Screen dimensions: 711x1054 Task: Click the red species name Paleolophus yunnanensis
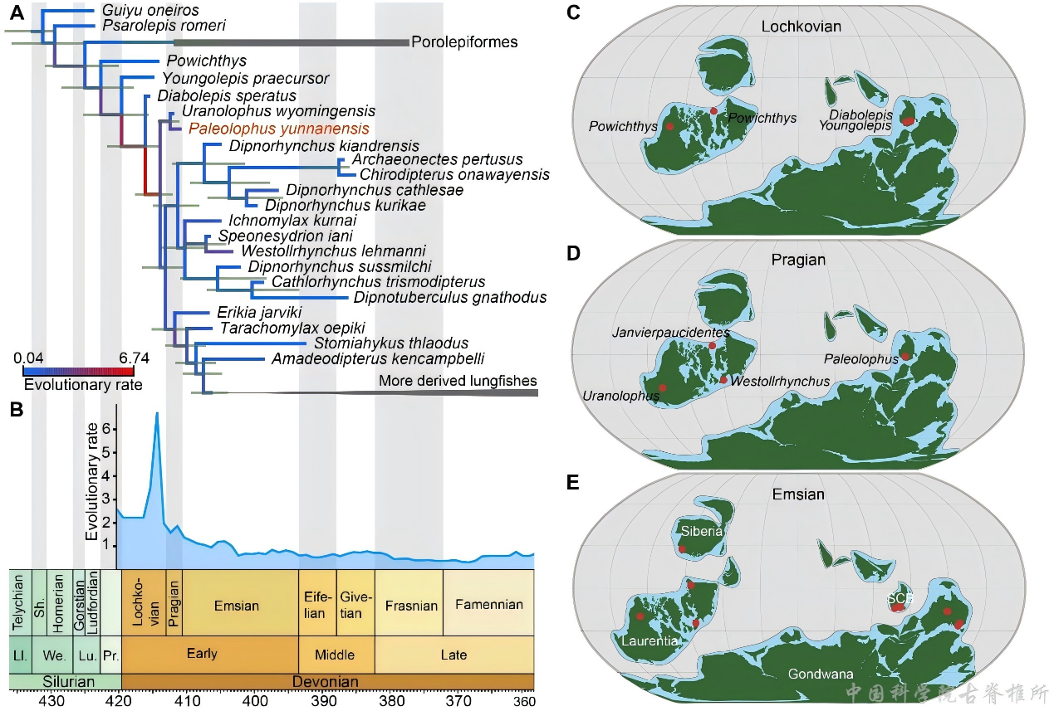click(278, 129)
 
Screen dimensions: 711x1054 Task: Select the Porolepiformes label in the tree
click(464, 41)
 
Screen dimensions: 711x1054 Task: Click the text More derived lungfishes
click(458, 381)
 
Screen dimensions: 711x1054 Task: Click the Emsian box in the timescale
click(236, 605)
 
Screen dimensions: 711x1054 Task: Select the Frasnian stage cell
click(411, 605)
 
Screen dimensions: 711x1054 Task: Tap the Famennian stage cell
click(488, 604)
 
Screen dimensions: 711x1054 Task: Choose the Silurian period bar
click(65, 681)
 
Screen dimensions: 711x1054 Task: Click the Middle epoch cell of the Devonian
click(335, 655)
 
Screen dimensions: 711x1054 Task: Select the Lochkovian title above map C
click(801, 27)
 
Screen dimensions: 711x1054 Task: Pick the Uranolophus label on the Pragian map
click(622, 396)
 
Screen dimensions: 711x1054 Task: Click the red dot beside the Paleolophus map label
click(904, 357)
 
